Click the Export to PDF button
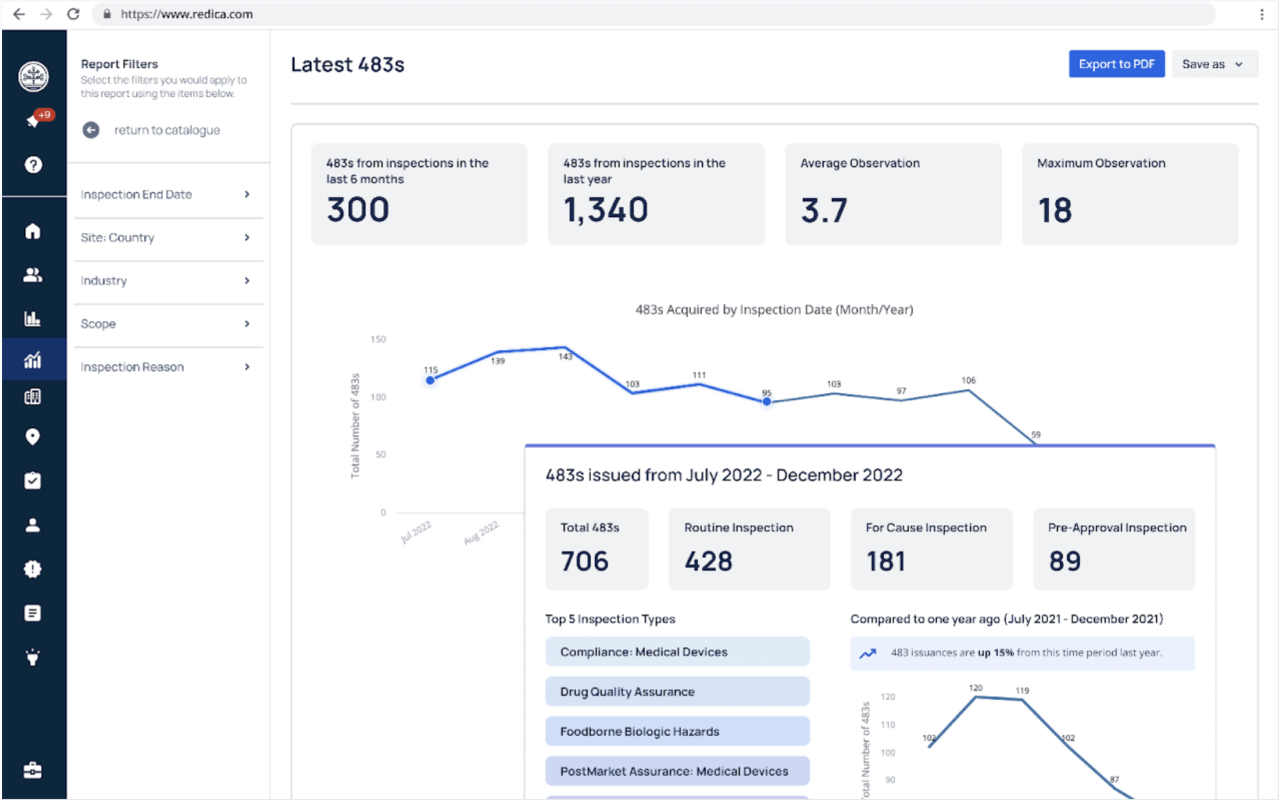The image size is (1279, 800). click(1116, 64)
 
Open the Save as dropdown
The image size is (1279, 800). click(1214, 64)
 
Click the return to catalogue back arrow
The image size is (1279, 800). click(91, 130)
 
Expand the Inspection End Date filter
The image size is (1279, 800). click(165, 194)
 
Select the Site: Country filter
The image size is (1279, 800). click(165, 237)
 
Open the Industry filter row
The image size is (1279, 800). click(165, 281)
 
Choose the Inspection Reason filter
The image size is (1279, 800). click(165, 367)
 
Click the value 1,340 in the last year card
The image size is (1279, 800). click(606, 210)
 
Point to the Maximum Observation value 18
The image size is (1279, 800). click(1055, 210)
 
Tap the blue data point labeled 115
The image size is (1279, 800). click(430, 380)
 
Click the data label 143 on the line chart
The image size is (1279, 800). click(565, 357)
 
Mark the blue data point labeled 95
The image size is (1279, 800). click(766, 402)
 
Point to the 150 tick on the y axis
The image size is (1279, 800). click(378, 339)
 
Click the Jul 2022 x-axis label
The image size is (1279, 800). click(416, 531)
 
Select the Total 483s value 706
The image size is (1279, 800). click(585, 561)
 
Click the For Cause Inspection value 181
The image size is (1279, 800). click(886, 561)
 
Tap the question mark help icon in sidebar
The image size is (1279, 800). click(33, 165)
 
